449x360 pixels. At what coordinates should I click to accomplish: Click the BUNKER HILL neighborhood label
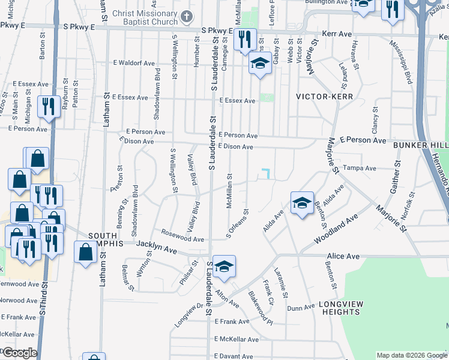click(421, 146)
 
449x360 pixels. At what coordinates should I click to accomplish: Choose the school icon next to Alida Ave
click(302, 202)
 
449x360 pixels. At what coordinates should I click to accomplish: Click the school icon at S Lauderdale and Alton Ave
click(224, 266)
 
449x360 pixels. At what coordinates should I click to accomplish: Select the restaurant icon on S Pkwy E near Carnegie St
click(244, 40)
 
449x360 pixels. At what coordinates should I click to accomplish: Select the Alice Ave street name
click(343, 256)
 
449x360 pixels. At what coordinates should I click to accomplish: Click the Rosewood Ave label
click(182, 235)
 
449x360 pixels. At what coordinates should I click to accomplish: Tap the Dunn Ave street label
click(300, 308)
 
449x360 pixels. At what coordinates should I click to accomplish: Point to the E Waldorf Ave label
click(133, 63)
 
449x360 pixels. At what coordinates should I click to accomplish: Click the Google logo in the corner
click(20, 353)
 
